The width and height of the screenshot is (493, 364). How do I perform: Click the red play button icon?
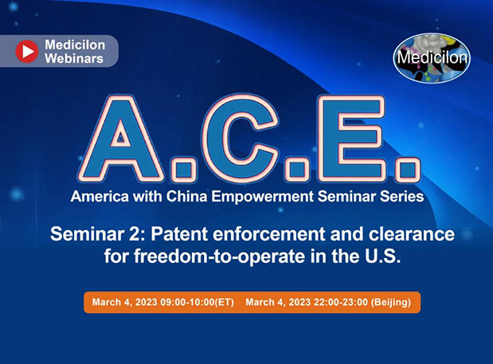click(27, 52)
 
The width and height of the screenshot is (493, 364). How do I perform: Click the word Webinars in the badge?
click(73, 58)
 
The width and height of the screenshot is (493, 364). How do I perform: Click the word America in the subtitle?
click(99, 195)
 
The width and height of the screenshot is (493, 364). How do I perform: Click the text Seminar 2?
click(86, 235)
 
